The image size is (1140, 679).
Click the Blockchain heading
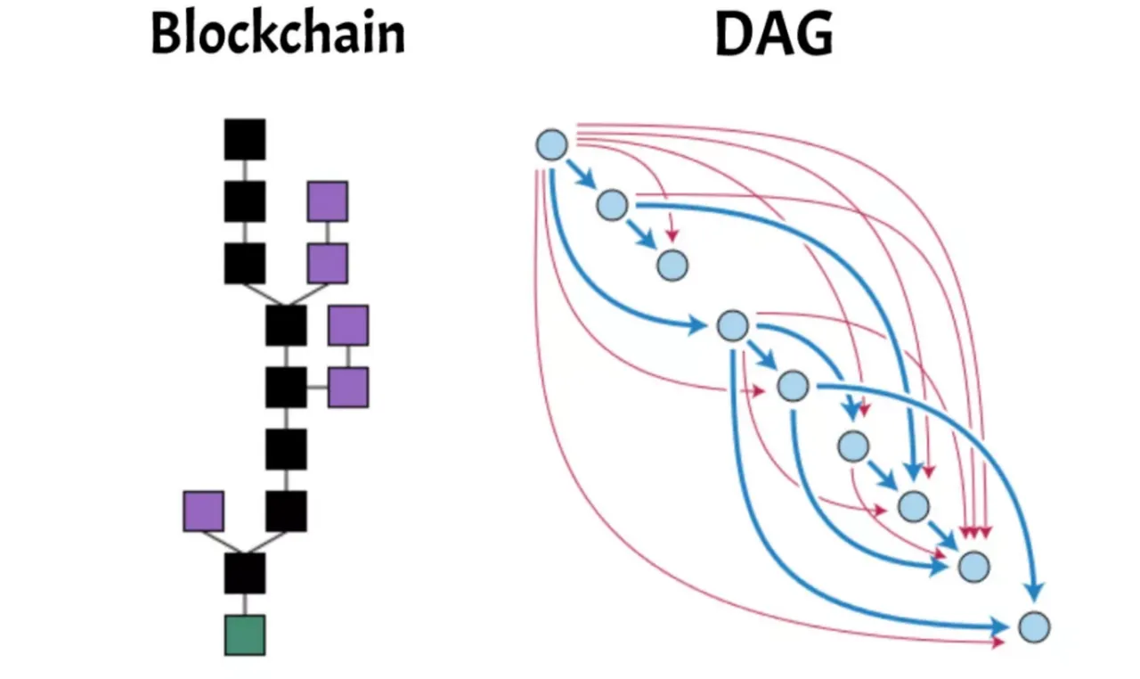(x=278, y=33)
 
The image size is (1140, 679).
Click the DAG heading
(x=774, y=34)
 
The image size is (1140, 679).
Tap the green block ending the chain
(x=245, y=635)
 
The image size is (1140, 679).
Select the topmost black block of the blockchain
(x=245, y=140)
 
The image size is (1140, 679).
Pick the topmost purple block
(x=328, y=201)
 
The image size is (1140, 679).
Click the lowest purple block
(x=204, y=511)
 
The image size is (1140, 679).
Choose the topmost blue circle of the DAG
(x=551, y=145)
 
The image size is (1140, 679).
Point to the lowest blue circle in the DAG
(x=1034, y=627)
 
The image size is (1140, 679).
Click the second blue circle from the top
(x=612, y=205)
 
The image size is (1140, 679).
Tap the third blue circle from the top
(x=672, y=266)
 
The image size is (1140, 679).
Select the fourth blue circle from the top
(x=733, y=326)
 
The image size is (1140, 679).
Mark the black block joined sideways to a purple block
(x=286, y=388)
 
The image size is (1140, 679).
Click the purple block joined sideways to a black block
(x=348, y=388)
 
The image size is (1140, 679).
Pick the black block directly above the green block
(x=245, y=573)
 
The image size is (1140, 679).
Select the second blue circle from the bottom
(x=974, y=567)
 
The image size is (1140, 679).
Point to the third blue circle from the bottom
(x=914, y=506)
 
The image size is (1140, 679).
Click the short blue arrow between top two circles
(x=582, y=174)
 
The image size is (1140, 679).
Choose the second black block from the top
(x=245, y=201)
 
